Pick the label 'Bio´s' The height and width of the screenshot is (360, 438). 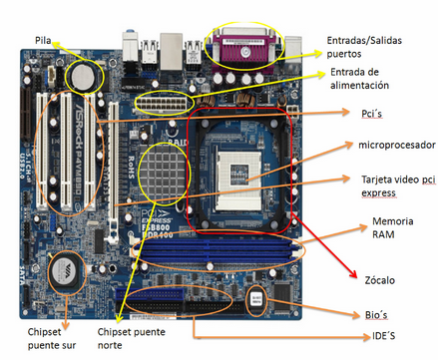coord(368,313)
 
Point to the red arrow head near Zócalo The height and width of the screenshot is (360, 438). coord(351,274)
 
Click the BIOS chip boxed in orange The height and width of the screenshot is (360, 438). coord(257,297)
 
